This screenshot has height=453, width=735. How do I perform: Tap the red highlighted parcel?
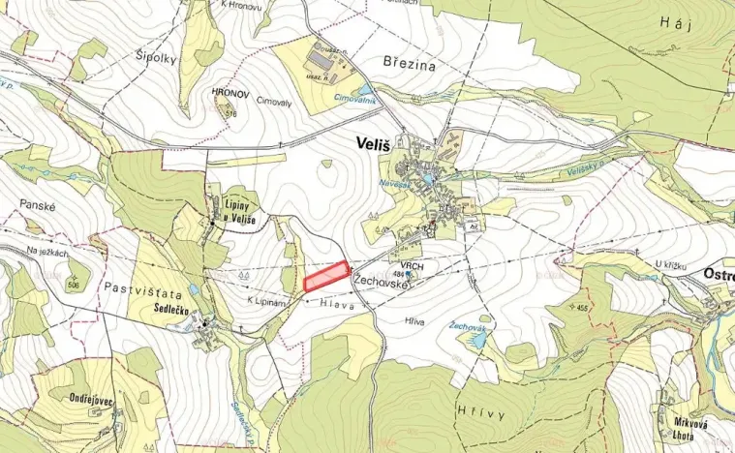tap(327, 277)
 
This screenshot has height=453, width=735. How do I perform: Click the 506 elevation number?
tap(73, 286)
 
